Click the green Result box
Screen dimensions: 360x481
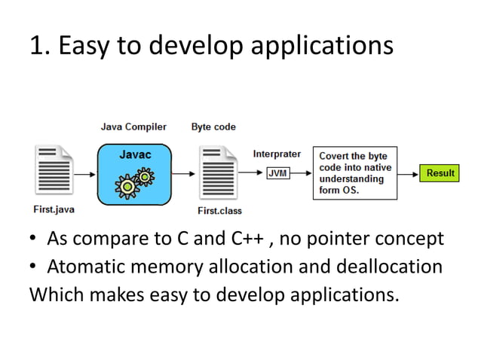(x=440, y=173)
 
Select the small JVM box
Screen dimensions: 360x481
(x=277, y=173)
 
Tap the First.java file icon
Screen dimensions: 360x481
(x=53, y=172)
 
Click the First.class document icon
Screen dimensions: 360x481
(x=219, y=173)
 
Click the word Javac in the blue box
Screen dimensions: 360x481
(x=135, y=154)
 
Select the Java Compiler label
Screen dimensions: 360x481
(x=133, y=127)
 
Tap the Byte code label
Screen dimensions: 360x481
(x=213, y=127)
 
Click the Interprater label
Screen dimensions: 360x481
(x=277, y=154)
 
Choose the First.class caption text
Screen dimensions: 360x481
(x=219, y=211)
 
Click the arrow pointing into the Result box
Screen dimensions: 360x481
(x=408, y=173)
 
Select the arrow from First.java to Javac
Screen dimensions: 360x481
(x=86, y=173)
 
